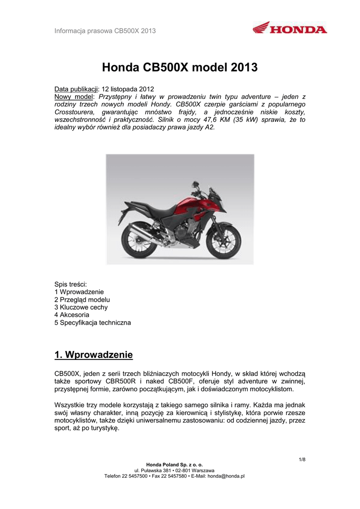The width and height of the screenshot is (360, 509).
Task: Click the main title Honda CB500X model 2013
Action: (x=180, y=67)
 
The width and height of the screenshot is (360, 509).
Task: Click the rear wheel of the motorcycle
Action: (x=134, y=229)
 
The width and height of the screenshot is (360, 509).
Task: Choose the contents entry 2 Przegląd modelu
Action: (x=82, y=300)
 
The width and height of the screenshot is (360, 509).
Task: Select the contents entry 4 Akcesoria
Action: (x=72, y=315)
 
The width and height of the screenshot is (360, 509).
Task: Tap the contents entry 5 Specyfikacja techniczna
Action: (x=92, y=323)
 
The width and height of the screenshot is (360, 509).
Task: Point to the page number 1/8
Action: (x=302, y=459)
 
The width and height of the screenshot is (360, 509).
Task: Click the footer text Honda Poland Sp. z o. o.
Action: (x=180, y=464)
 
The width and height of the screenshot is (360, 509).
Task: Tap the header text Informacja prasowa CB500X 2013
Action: (x=105, y=31)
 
